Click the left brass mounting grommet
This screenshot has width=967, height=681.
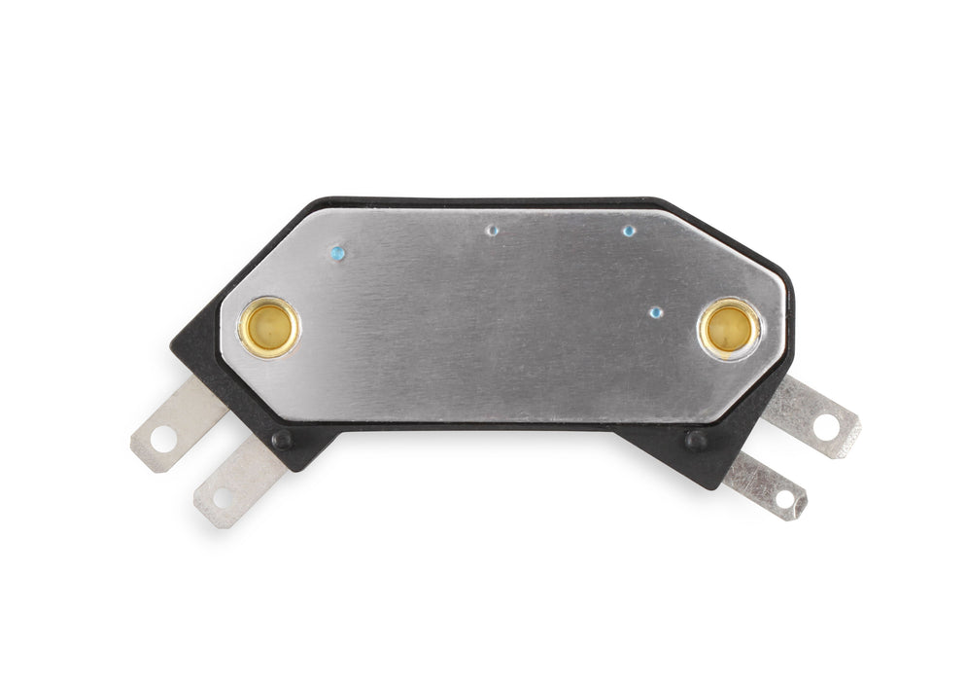pos(269,327)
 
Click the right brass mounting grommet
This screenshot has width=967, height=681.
pos(729,329)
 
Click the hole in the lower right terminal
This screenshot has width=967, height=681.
pos(784,498)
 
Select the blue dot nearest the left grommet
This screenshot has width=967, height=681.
pos(337,253)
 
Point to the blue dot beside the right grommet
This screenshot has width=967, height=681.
pos(656,312)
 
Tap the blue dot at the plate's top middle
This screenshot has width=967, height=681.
pos(493,232)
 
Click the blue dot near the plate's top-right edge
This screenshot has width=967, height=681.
pos(629,232)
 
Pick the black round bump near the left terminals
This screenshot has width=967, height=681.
pos(283,440)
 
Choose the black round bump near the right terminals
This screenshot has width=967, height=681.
pos(697,439)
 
